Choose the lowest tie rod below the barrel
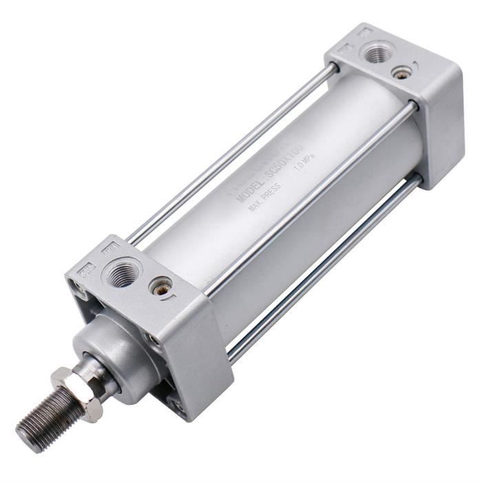click(x=324, y=269)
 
